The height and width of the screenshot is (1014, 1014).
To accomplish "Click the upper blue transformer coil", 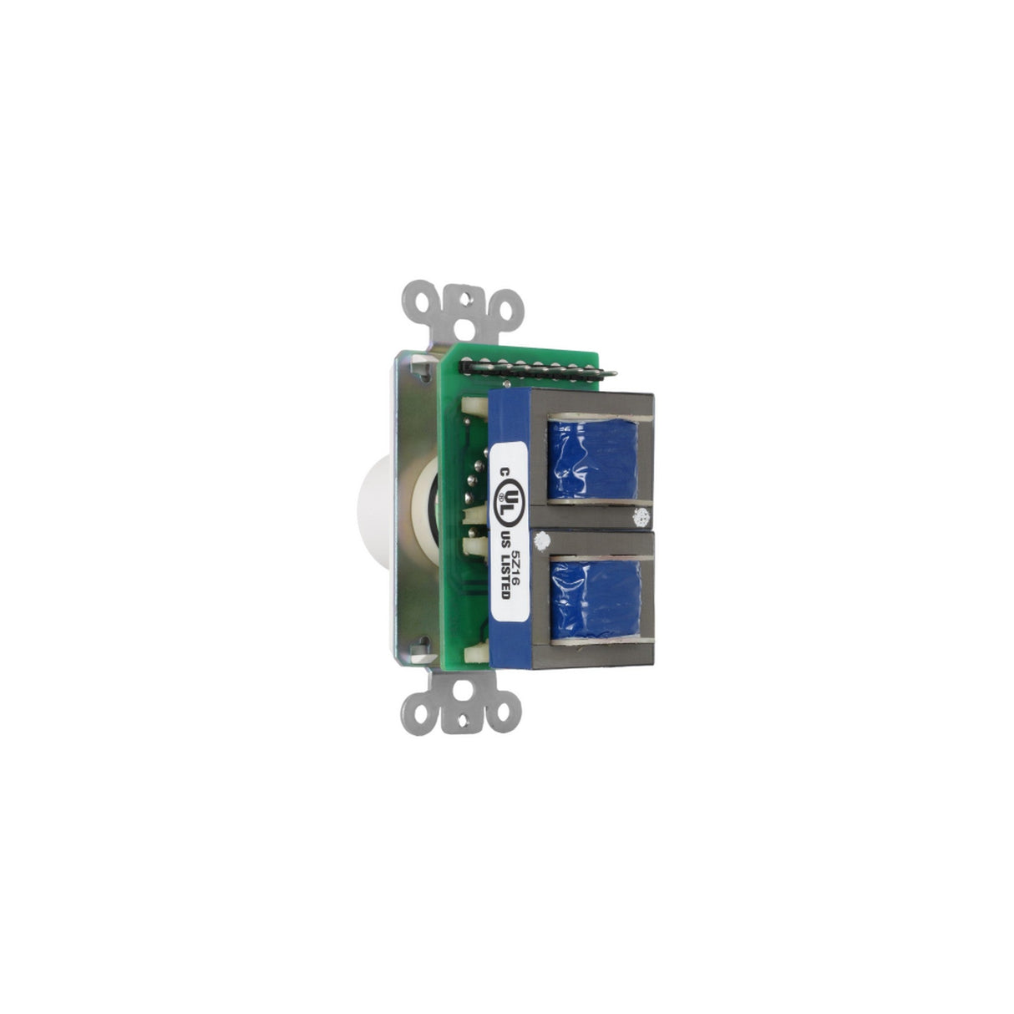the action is click(593, 459).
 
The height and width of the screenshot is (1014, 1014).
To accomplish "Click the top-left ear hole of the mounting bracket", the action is click(423, 302).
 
